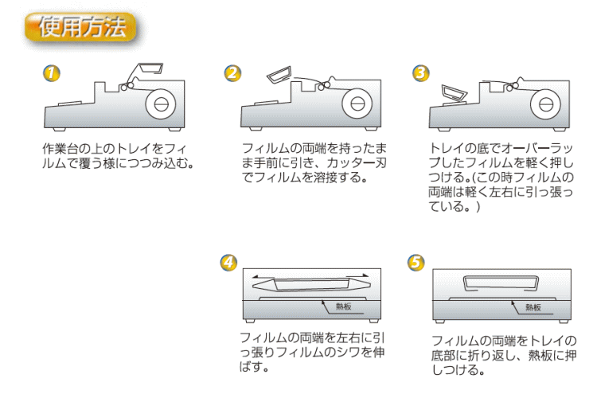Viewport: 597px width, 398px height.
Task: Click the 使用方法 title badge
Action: [82, 29]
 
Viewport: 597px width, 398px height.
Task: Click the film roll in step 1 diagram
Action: [160, 103]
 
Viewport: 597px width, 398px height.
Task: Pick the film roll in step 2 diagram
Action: [358, 103]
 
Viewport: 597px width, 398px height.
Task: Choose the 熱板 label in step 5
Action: [533, 306]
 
